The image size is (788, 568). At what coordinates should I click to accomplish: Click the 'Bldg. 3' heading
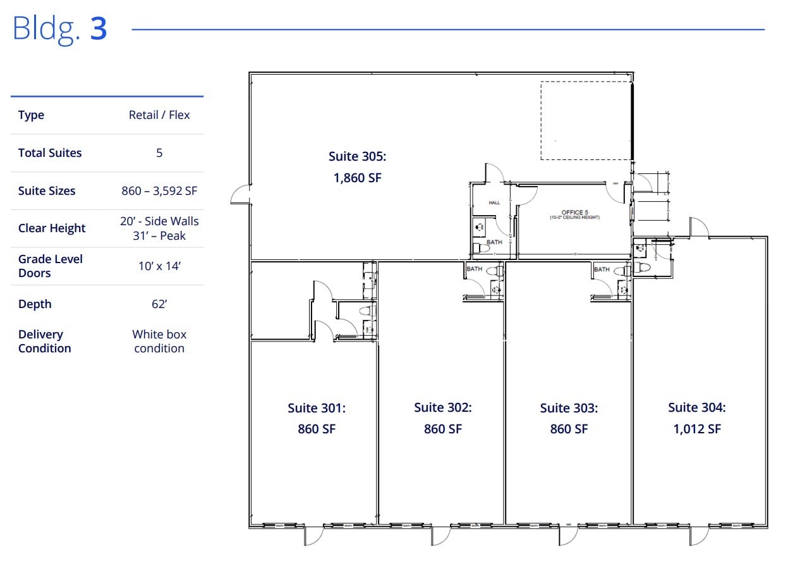pos(60,29)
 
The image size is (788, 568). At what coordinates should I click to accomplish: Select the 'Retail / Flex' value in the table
pos(159,115)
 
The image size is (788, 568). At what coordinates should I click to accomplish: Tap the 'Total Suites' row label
pos(50,152)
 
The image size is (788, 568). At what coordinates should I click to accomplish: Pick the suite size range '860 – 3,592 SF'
pos(159,190)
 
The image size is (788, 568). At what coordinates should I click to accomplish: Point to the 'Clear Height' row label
pos(52,228)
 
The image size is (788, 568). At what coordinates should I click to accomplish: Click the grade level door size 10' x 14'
pos(159,266)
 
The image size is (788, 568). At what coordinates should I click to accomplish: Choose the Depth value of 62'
pos(159,304)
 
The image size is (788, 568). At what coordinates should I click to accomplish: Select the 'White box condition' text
pos(159,341)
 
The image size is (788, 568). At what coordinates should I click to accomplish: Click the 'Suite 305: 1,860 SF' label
pos(357,167)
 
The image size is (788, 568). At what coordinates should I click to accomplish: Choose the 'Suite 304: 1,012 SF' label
pos(696,418)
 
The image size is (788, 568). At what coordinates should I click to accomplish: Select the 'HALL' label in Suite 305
pos(494,203)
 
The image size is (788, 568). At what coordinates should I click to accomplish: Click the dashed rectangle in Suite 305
pos(585,120)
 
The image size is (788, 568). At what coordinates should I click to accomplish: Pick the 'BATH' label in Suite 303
pos(602,269)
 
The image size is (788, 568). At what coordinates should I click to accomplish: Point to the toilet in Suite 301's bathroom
pos(365,311)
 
